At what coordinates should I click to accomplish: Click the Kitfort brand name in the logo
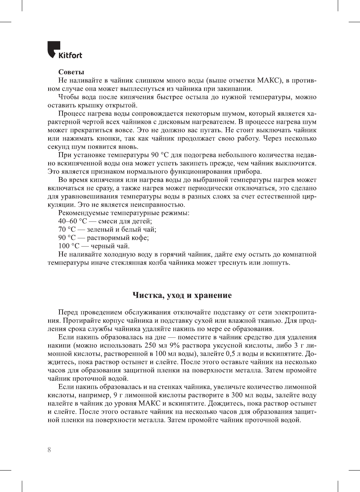(x=70, y=55)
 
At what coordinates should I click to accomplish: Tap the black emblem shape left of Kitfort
(x=53, y=49)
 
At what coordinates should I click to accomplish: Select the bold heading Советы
(x=71, y=72)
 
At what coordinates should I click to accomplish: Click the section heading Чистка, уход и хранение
(x=182, y=295)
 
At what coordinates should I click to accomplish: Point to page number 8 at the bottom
(x=49, y=450)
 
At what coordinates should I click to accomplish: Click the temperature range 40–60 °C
(x=72, y=221)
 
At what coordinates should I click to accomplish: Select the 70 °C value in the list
(x=67, y=229)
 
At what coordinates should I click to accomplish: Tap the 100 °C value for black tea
(x=69, y=246)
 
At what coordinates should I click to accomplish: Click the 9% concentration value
(x=173, y=345)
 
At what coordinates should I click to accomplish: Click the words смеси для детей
(x=125, y=221)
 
